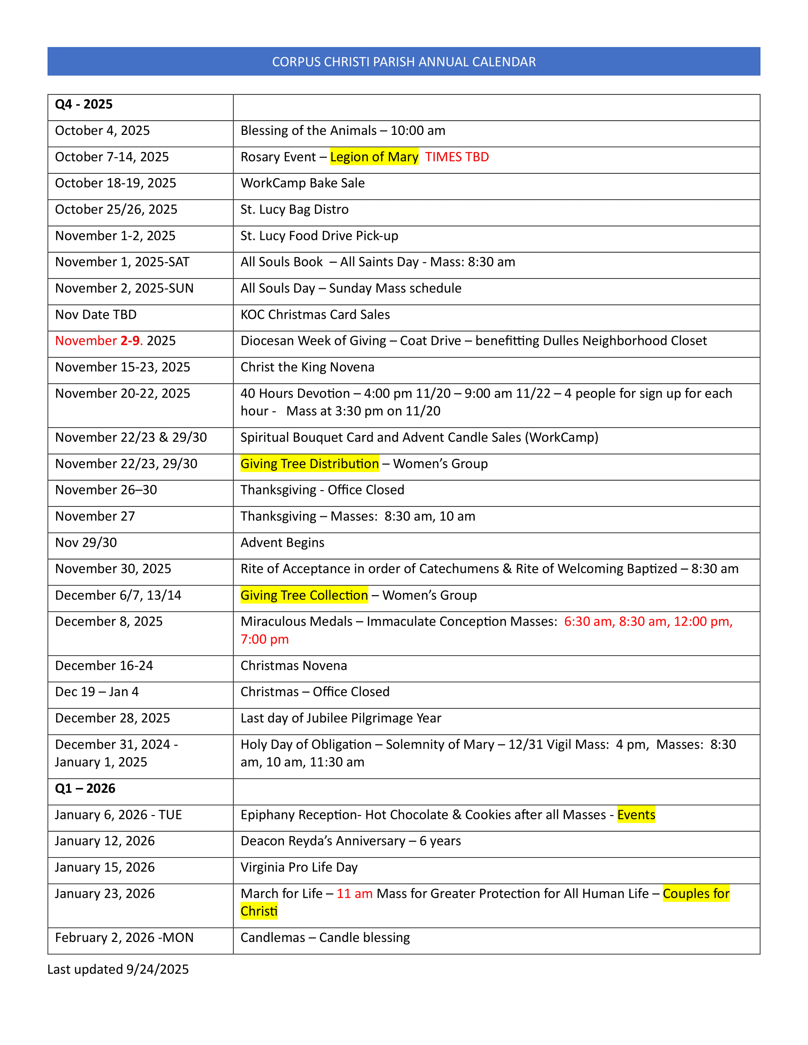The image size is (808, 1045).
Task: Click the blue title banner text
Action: [404, 62]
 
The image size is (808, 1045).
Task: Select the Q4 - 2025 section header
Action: [84, 104]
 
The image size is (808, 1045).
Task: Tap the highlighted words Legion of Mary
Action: [374, 157]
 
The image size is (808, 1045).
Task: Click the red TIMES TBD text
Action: [457, 157]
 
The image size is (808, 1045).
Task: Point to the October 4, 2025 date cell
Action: [103, 131]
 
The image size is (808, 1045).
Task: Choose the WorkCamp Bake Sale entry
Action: [302, 183]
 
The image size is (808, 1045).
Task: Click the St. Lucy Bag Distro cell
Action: [294, 209]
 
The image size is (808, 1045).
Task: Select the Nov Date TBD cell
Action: [96, 315]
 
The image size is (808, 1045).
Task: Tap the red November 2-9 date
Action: [98, 341]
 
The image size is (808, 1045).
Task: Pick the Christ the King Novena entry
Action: [308, 367]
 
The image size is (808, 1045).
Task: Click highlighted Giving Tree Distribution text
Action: [309, 464]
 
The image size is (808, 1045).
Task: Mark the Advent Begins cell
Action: [282, 542]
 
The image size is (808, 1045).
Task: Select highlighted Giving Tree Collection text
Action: [304, 595]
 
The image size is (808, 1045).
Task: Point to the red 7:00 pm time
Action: [264, 639]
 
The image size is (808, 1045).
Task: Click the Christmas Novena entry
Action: [293, 665]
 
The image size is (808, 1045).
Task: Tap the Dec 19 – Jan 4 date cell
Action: [96, 692]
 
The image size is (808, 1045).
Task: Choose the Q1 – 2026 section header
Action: [85, 788]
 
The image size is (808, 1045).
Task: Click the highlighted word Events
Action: [636, 815]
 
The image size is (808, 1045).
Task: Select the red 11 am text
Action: [354, 894]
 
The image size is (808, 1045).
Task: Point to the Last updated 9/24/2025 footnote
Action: [118, 969]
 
